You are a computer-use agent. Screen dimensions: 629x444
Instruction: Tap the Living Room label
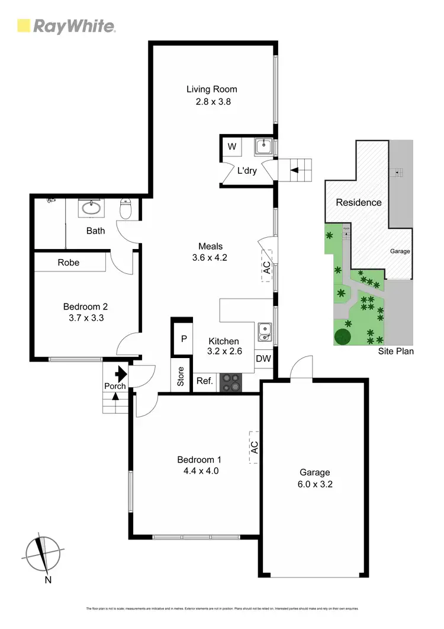[x=212, y=90]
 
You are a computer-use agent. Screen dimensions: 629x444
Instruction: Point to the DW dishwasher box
[x=263, y=359]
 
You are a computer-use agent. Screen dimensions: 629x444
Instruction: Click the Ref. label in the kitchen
[x=204, y=381]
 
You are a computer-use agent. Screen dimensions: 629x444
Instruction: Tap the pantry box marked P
[x=184, y=339]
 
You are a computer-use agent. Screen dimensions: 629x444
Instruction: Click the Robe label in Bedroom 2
[x=69, y=263]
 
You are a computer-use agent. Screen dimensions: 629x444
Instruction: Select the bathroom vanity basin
[x=92, y=207]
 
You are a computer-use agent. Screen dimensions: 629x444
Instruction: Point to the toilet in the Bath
[x=126, y=208]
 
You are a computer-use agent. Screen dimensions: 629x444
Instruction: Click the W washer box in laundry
[x=231, y=146]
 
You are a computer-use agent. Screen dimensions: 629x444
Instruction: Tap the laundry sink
[x=263, y=146]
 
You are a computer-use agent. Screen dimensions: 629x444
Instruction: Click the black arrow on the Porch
[x=121, y=374]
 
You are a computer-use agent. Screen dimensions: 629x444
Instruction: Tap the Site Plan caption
[x=396, y=352]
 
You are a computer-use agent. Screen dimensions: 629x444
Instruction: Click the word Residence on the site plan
[x=359, y=202]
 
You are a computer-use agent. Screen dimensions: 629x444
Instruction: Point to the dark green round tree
[x=343, y=337]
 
